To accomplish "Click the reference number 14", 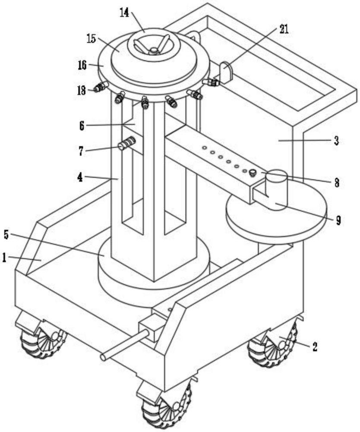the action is coord(124,13).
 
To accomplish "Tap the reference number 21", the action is coord(283,29).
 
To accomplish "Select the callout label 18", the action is coord(81,90).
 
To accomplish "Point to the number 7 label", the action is coord(81,151).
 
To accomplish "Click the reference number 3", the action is coord(336,141).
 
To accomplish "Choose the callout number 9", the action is coord(338,220).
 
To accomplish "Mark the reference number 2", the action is coord(314,347).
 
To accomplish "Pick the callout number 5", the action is coord(7,235).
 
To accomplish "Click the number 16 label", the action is coord(82,65).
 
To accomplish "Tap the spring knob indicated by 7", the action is coord(127,143).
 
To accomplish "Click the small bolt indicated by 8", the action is coord(252,173).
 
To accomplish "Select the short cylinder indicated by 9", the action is coord(276,190).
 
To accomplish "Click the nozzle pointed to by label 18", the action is coord(101,87).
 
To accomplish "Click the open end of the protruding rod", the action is coord(104,357).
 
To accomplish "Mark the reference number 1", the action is coord(4,258).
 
